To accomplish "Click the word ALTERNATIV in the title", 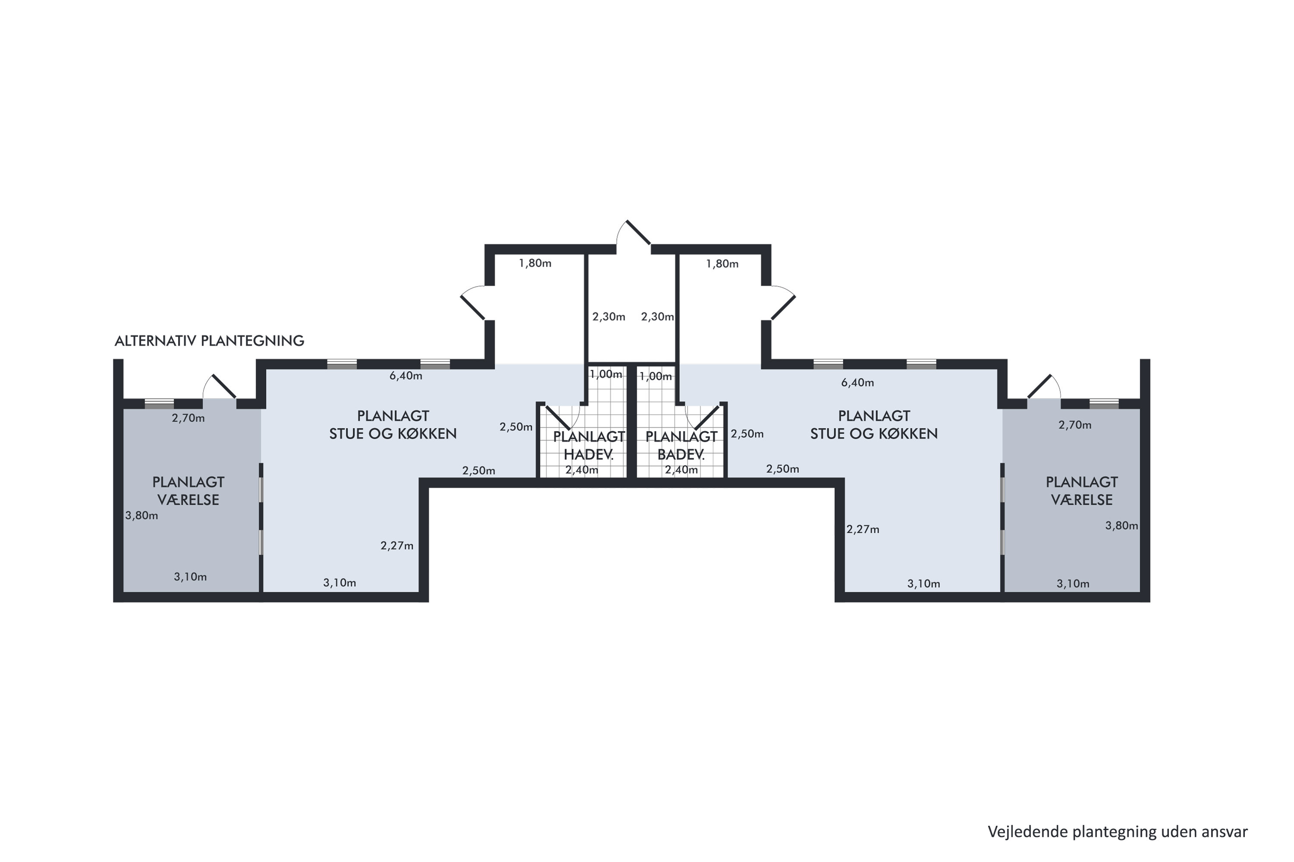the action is [156, 341].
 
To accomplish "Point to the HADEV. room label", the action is [588, 455].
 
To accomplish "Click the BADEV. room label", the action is [681, 455].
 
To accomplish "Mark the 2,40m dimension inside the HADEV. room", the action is [581, 470].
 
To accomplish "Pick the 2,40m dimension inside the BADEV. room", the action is [681, 470].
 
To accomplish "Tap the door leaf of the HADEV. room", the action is [557, 417].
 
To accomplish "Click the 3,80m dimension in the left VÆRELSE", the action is [141, 515].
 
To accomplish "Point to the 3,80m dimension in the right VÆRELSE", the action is [1122, 525].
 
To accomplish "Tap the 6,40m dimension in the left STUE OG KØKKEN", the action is [406, 376].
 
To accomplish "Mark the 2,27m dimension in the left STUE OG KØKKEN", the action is [397, 546].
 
